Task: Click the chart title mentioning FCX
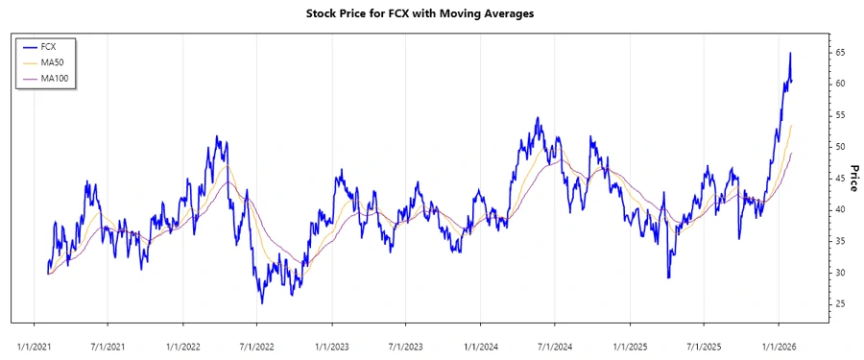pyautogui.click(x=432, y=13)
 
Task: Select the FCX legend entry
pyautogui.click(x=49, y=46)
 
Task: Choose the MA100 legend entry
pyautogui.click(x=54, y=78)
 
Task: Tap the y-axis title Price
pyautogui.click(x=852, y=178)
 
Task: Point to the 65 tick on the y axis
pyautogui.click(x=839, y=52)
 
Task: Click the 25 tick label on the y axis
pyautogui.click(x=839, y=304)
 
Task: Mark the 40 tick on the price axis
pyautogui.click(x=839, y=209)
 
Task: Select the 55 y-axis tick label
pyautogui.click(x=839, y=115)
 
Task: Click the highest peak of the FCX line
pyautogui.click(x=790, y=53)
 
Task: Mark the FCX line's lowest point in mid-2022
pyautogui.click(x=262, y=303)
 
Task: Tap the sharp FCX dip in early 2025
pyautogui.click(x=669, y=277)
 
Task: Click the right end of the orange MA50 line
pyautogui.click(x=792, y=125)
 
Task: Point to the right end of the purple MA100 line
pyautogui.click(x=792, y=153)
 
